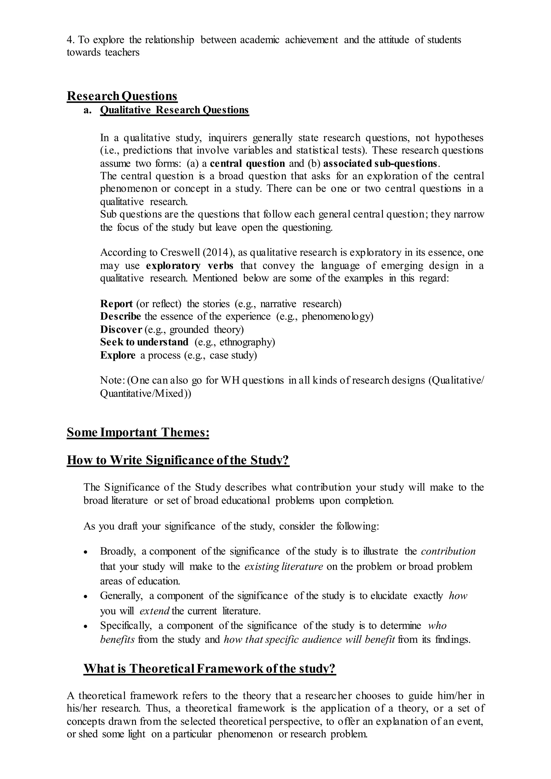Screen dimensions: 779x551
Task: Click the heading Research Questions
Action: (122, 96)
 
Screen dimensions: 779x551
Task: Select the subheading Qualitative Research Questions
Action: (174, 110)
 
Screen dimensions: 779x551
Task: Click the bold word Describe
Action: (121, 316)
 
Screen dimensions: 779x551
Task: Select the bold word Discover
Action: (121, 329)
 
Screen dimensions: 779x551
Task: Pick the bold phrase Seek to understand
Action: (144, 342)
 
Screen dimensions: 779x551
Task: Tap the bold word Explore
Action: (118, 355)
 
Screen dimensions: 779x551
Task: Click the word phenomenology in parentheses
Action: (337, 316)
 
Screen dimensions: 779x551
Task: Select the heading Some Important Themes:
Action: (138, 433)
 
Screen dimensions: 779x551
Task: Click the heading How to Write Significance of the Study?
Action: (178, 460)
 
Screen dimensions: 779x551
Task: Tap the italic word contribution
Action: (448, 551)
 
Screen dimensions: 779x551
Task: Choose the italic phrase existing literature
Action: (283, 566)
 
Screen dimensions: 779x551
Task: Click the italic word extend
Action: (154, 611)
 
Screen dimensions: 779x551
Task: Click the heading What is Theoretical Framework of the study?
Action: (209, 668)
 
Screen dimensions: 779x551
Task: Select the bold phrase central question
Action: (247, 163)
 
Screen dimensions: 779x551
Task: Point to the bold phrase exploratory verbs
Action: (190, 265)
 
